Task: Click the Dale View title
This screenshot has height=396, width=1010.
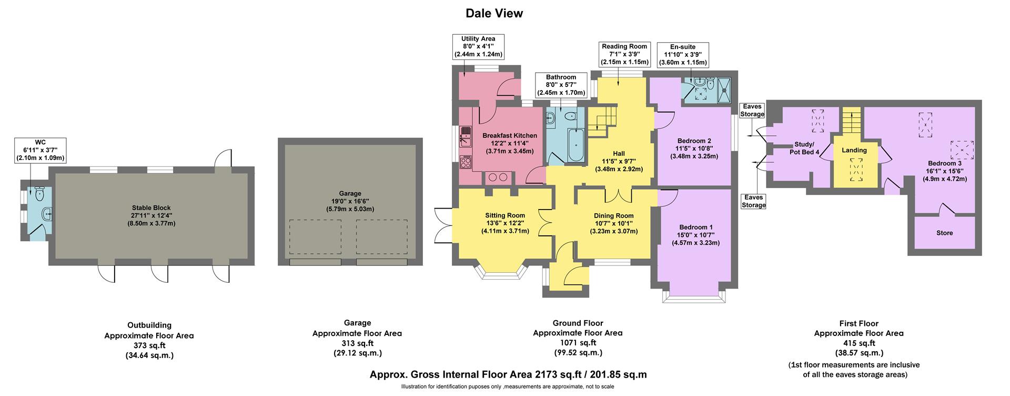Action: [x=494, y=13]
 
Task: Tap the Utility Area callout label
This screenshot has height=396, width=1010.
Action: [x=478, y=46]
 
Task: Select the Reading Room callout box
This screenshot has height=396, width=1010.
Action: [x=624, y=54]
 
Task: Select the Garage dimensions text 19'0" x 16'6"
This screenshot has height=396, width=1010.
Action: [x=350, y=201]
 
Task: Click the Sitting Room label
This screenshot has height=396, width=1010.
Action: [x=504, y=215]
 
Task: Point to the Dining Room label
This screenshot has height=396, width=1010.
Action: [x=613, y=215]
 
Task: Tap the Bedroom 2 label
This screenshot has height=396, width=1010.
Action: [x=694, y=141]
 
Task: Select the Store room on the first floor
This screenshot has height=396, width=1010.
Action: [x=944, y=233]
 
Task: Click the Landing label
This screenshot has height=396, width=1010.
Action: [x=854, y=150]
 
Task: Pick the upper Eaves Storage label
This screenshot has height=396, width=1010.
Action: [x=752, y=111]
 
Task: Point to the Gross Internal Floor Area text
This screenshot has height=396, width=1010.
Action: [x=508, y=375]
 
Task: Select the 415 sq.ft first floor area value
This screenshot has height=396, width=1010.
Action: [x=858, y=343]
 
